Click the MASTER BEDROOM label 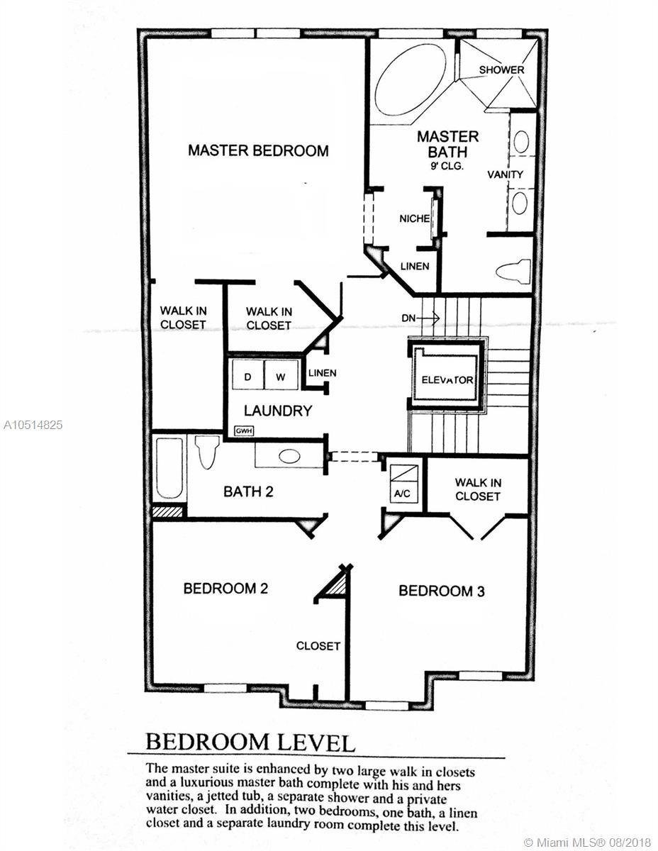click(258, 151)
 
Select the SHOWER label click(501, 70)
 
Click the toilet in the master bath click(513, 271)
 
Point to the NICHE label click(415, 218)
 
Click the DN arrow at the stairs click(420, 318)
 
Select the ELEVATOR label click(447, 380)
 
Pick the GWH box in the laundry click(244, 431)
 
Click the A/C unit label click(402, 494)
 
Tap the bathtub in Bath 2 click(169, 468)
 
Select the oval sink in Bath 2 click(290, 456)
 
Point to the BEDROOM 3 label click(442, 591)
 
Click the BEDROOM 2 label click(225, 588)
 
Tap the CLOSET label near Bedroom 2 click(318, 646)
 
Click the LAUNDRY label click(278, 411)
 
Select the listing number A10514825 click(33, 425)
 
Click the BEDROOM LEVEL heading click(250, 742)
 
